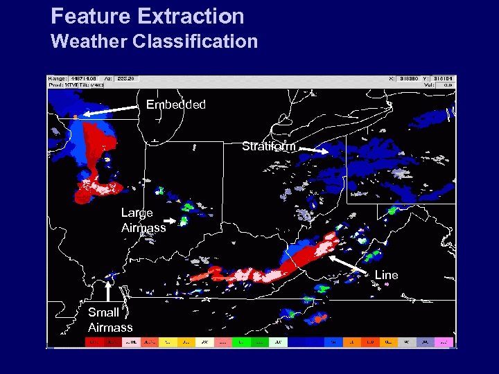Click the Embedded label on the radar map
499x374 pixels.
click(x=176, y=105)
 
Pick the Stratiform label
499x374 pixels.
click(x=268, y=146)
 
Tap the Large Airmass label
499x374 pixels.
click(x=143, y=220)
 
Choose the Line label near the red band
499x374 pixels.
click(x=386, y=275)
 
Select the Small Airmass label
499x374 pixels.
click(x=110, y=320)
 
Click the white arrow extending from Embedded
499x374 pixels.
click(x=112, y=110)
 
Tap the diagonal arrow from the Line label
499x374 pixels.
click(x=351, y=265)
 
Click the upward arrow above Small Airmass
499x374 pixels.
click(x=108, y=290)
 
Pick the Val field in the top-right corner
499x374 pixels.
click(x=443, y=85)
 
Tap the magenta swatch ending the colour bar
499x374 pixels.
click(x=445, y=342)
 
